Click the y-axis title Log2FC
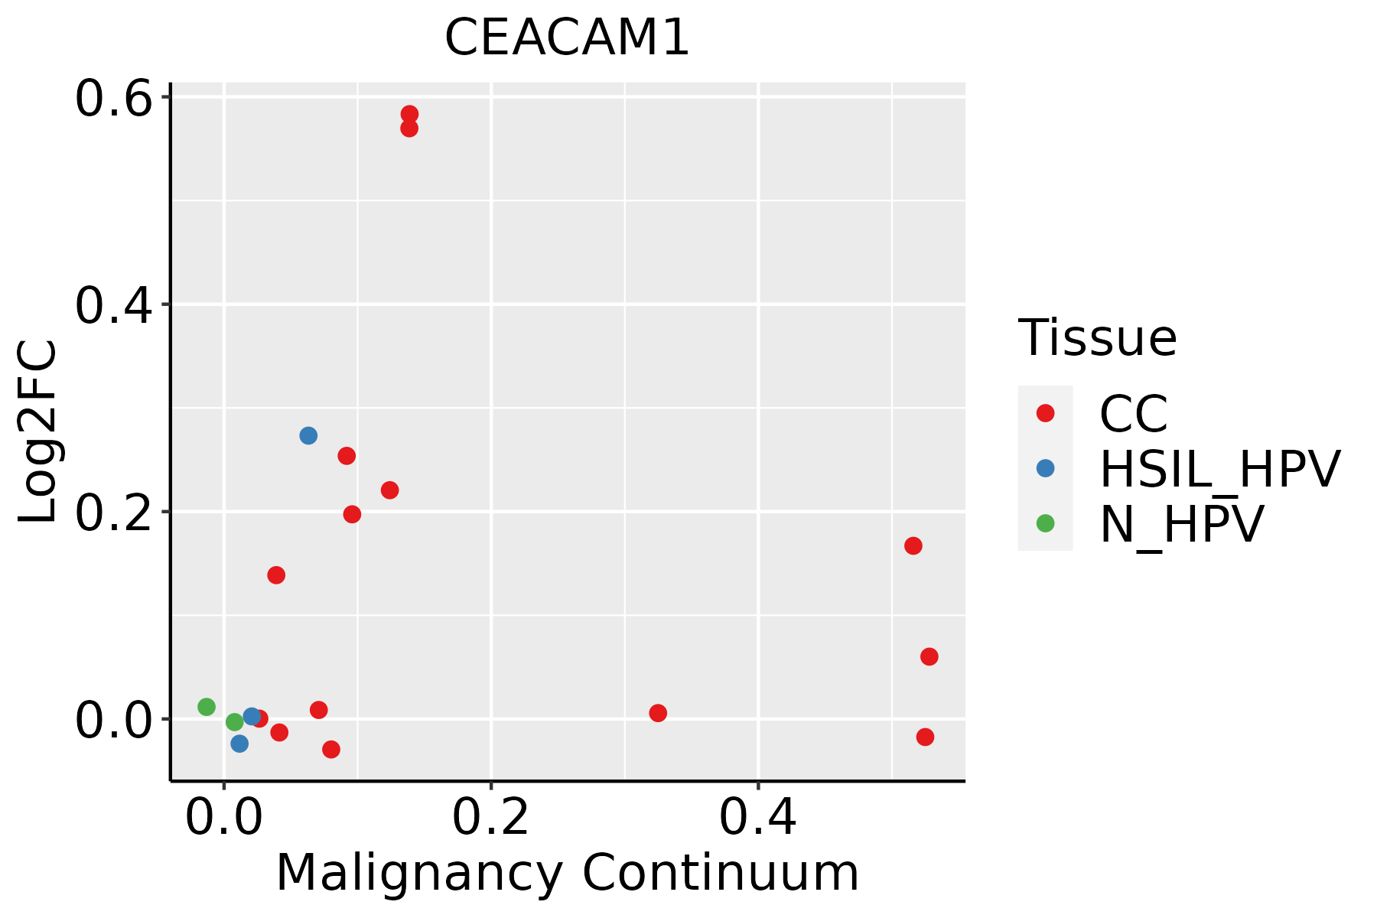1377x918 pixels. coord(38,432)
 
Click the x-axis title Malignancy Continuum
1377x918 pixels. coord(567,873)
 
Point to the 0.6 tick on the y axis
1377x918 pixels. coord(112,98)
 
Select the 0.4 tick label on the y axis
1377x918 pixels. coord(112,304)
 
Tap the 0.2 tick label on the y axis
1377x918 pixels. coord(112,512)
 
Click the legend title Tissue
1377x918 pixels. coord(1097,338)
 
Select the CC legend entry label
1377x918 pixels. coord(1133,414)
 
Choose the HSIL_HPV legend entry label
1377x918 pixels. coord(1219,469)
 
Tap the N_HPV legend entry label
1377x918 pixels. coord(1181,524)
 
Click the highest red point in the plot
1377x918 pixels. coord(409,114)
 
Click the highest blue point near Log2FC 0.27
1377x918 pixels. coord(308,435)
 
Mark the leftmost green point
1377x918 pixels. coord(207,707)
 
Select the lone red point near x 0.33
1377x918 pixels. coord(658,713)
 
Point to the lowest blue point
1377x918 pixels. coord(239,744)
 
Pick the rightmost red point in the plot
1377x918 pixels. coord(929,656)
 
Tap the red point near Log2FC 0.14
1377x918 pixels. coord(276,575)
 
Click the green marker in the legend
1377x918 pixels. coord(1045,524)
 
